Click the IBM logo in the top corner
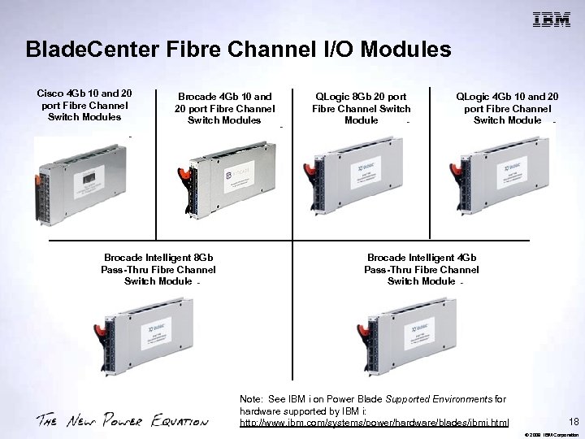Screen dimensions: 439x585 coord(551,20)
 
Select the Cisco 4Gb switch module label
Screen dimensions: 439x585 coord(85,105)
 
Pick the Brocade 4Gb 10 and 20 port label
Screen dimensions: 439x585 coord(225,108)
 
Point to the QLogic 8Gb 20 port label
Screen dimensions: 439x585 coord(362,108)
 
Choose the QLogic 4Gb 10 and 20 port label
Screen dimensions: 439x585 coord(507,108)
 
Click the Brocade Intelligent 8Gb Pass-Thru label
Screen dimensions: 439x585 coord(158,269)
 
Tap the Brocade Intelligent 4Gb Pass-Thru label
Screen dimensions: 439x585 coord(422,269)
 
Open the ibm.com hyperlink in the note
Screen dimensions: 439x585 coord(375,424)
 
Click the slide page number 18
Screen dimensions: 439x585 coord(574,422)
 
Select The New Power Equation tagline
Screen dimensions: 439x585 coord(122,420)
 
